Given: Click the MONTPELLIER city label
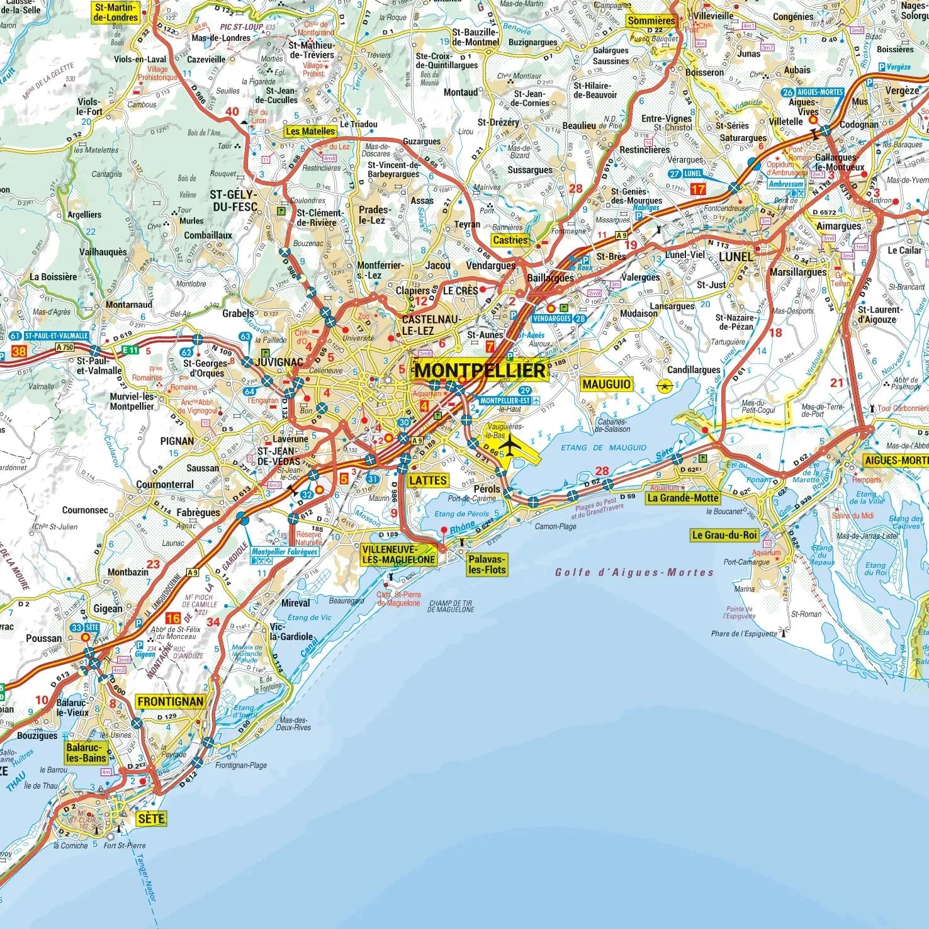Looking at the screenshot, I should [x=480, y=370].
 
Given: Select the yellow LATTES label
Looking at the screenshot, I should [x=428, y=480].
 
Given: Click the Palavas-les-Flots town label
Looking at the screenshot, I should [x=487, y=564].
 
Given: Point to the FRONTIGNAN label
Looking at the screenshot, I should [x=170, y=701].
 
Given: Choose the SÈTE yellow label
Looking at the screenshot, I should [x=151, y=818].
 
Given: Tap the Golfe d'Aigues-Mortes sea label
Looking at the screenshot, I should [x=634, y=573].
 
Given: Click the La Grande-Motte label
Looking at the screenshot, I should [x=683, y=498].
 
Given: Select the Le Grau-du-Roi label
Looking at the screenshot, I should [x=724, y=535].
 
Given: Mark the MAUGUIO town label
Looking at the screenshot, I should [x=606, y=384].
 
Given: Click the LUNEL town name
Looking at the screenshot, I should [x=736, y=257].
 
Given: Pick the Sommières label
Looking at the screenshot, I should [x=651, y=21].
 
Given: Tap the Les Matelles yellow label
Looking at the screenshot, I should [x=310, y=132].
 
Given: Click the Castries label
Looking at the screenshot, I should [x=510, y=240].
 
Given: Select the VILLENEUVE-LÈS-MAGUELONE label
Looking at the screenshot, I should [x=398, y=554].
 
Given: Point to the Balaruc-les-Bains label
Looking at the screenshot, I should [x=86, y=753].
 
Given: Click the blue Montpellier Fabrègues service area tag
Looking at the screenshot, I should [x=284, y=551].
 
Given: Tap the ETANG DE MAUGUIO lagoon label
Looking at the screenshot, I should [x=603, y=448].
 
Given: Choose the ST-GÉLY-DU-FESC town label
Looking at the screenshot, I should [x=234, y=200].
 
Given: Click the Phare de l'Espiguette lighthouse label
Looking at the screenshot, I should [x=744, y=633].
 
